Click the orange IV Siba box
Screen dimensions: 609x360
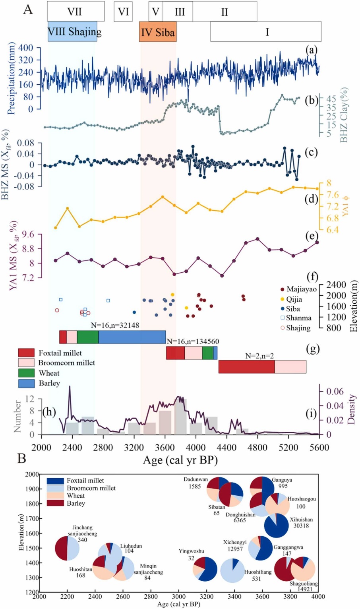(x=158, y=32)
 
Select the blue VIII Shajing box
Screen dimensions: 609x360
(x=73, y=31)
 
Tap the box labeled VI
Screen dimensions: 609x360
(x=123, y=11)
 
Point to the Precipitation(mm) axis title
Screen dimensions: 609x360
(x=11, y=78)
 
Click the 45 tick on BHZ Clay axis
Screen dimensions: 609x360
(x=332, y=99)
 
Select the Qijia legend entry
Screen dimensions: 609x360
(x=294, y=299)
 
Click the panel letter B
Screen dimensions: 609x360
(x=21, y=459)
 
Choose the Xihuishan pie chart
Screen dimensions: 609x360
(x=277, y=526)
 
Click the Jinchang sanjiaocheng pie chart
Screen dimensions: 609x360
(x=67, y=548)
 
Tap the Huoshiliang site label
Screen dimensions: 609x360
(x=258, y=572)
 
